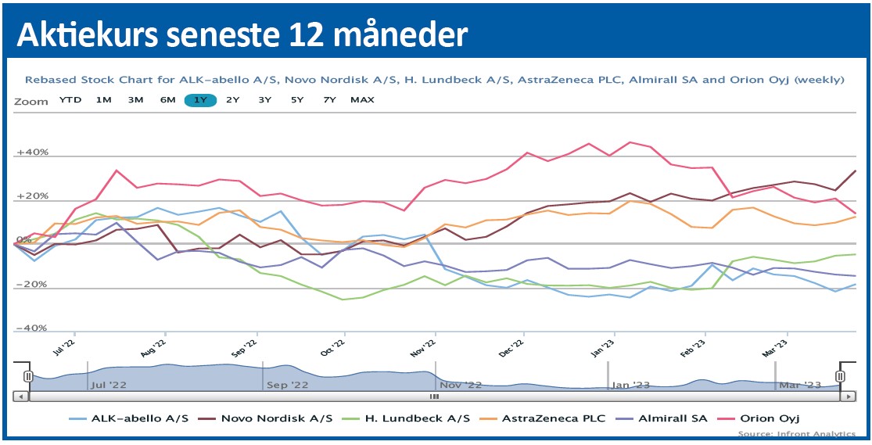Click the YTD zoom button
pyautogui.click(x=70, y=99)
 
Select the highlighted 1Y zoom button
pyautogui.click(x=200, y=99)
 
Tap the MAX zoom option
pyautogui.click(x=362, y=99)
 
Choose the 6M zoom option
pyautogui.click(x=167, y=99)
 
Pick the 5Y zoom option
pyautogui.click(x=297, y=99)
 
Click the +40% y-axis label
pyautogui.click(x=32, y=153)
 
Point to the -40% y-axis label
pyautogui.click(x=32, y=328)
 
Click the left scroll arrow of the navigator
pyautogui.click(x=20, y=397)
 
